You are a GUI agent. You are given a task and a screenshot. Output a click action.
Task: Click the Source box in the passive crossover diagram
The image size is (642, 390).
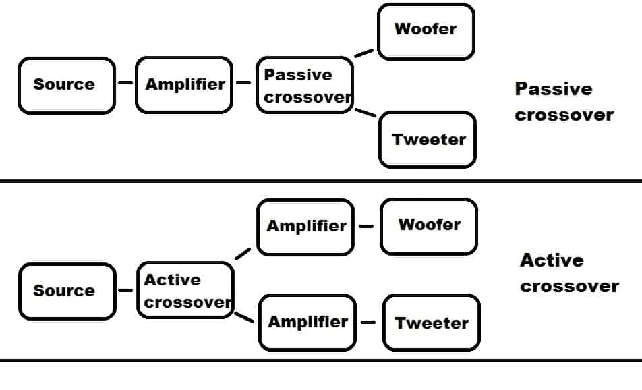pos(66,85)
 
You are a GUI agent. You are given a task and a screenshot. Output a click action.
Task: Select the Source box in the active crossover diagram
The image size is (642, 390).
pos(66,291)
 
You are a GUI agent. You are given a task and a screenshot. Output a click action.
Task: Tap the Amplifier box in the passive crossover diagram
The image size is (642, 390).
pos(184,85)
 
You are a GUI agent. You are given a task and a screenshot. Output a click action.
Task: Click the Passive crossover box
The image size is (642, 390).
pos(305,85)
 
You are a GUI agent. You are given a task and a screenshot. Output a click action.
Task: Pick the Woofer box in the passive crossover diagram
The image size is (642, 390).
pos(426,31)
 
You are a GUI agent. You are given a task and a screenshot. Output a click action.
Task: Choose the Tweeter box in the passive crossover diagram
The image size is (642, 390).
pos(428,140)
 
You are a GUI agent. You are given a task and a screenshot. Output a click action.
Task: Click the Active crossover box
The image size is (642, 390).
pos(185,290)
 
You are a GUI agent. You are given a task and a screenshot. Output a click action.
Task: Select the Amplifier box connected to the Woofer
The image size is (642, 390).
pos(305,227)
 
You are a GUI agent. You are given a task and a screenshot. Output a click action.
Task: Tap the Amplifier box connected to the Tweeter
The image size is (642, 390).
pos(307,323)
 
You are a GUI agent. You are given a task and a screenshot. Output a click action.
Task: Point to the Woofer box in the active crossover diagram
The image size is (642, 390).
pos(429,225)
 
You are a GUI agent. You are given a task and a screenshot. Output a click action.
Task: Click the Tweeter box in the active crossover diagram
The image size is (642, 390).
pos(432,323)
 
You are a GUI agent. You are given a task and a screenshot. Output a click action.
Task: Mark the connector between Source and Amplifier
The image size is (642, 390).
pos(125,84)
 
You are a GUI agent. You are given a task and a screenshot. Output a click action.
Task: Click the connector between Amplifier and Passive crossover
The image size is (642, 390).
pos(244,84)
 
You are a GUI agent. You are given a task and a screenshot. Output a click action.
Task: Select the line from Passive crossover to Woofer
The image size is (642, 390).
pos(364,53)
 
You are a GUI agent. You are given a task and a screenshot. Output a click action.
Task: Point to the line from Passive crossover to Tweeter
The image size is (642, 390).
pos(365,112)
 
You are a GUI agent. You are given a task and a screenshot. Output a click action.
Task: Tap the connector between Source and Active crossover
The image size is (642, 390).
pos(125,291)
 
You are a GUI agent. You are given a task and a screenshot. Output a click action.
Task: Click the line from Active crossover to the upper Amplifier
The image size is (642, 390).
pos(243,254)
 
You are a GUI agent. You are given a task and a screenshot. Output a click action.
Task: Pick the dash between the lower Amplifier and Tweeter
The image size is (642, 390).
pos(368,323)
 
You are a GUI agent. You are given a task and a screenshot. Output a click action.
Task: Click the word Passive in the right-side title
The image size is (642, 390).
pos(553,89)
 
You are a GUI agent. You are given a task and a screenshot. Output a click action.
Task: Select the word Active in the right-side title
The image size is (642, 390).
pos(552,260)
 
